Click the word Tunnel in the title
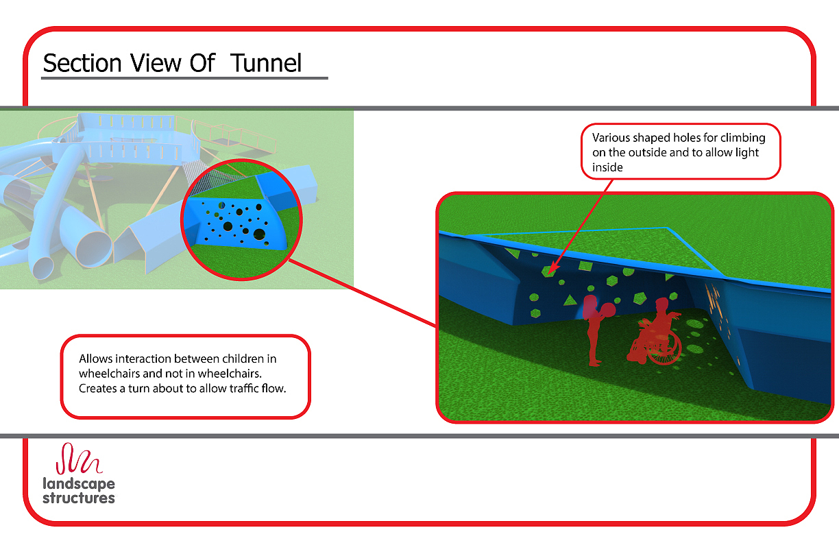266,63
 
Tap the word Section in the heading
82,63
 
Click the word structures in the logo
79,498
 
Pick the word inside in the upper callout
607,167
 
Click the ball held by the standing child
607,310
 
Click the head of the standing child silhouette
589,304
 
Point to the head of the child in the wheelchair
663,305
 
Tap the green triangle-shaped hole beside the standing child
568,300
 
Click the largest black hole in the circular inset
259,234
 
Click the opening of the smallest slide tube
41,267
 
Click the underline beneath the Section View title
184,78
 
